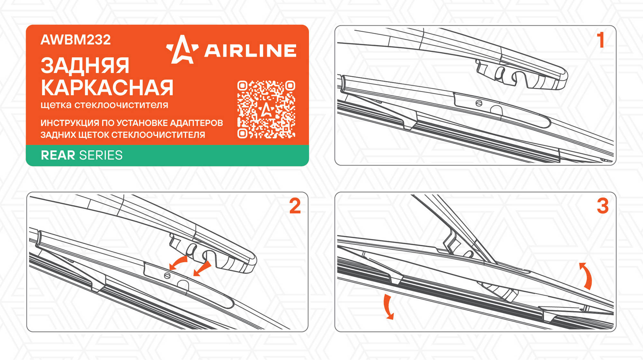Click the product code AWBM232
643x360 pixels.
point(76,40)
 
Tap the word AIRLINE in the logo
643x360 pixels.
point(250,51)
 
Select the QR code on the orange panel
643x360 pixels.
point(266,110)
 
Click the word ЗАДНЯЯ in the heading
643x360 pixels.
point(85,66)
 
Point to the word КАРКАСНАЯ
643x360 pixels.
point(107,88)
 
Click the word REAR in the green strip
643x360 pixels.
point(58,155)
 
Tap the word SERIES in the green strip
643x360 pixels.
point(101,155)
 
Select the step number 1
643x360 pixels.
point(600,40)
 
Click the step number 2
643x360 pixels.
point(295,206)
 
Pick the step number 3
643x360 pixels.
point(603,206)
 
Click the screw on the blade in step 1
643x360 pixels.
point(479,103)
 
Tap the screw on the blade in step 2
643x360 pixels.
point(167,276)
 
